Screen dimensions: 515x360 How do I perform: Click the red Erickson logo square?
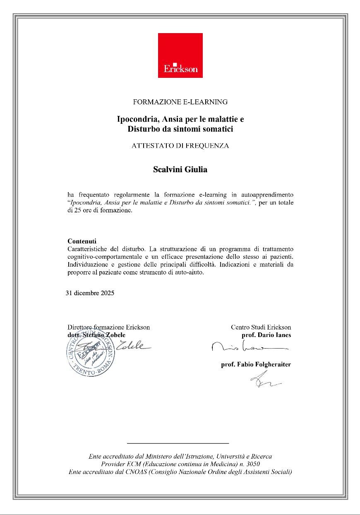tap(180, 55)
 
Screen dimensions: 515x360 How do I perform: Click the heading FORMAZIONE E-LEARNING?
tap(180, 101)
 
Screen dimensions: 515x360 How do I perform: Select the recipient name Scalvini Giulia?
tap(180, 169)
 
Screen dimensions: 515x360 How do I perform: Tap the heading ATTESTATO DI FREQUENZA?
tap(180, 146)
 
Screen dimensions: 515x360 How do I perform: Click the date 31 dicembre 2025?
tap(90, 293)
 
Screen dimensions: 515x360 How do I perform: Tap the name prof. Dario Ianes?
tap(266, 335)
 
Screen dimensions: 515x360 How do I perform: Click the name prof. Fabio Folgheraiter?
tap(256, 365)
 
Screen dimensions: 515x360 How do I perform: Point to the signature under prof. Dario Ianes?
tap(248, 347)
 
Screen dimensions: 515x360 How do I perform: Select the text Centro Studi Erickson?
tap(261, 327)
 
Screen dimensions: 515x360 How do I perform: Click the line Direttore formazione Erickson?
tap(108, 327)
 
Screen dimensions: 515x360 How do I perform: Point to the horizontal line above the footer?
tap(178, 443)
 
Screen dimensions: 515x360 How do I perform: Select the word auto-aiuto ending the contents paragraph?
tap(190, 272)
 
